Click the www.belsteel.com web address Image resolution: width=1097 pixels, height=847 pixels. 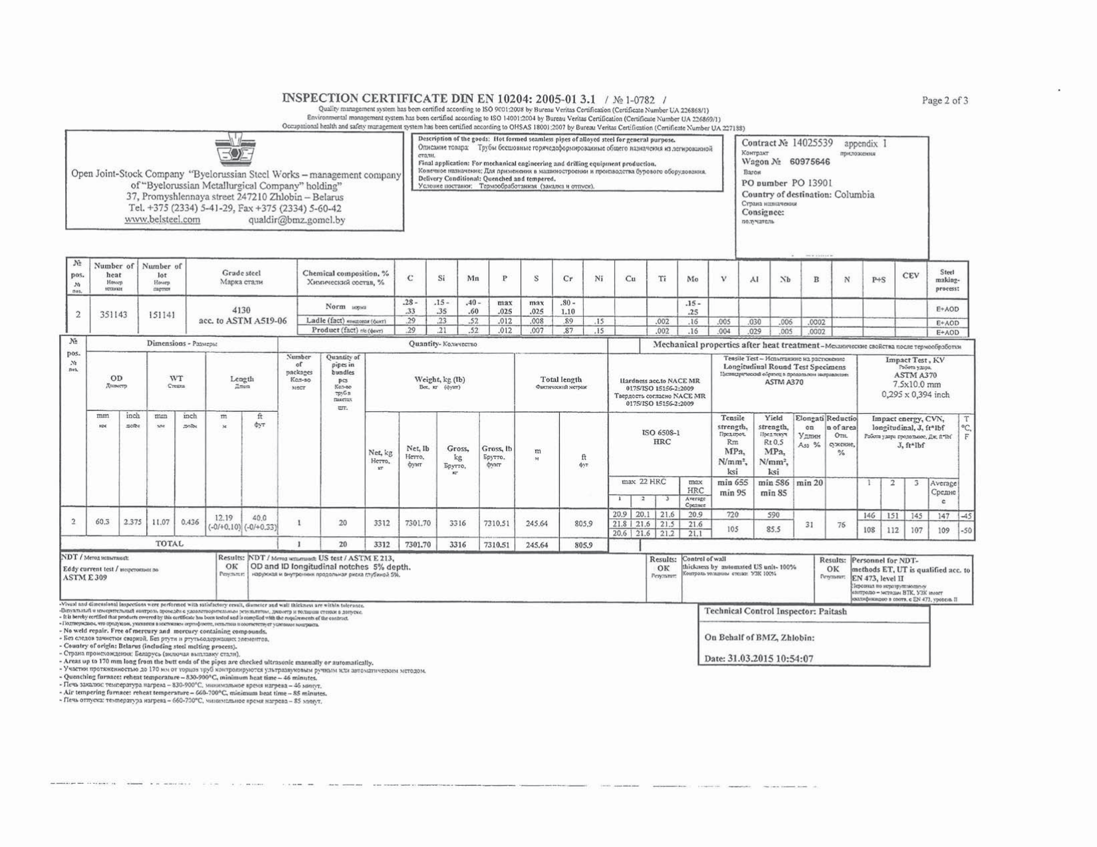coord(162,220)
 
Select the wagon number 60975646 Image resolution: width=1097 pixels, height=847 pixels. coord(809,162)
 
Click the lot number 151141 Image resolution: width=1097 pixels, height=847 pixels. coord(162,314)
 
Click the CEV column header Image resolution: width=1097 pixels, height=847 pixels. coord(910,276)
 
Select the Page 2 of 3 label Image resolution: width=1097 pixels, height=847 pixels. coord(945,101)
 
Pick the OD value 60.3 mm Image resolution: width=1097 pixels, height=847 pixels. coord(102,522)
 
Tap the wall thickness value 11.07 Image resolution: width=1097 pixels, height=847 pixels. coord(161,522)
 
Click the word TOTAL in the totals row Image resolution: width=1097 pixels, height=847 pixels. coord(169,544)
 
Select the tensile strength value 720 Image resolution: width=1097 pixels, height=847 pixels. coord(732,515)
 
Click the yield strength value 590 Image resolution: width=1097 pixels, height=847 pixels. coord(773,515)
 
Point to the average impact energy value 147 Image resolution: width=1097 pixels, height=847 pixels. coord(943,516)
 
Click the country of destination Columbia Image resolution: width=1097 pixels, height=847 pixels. coord(854,195)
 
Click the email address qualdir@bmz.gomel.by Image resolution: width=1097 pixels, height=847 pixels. coord(297,220)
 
